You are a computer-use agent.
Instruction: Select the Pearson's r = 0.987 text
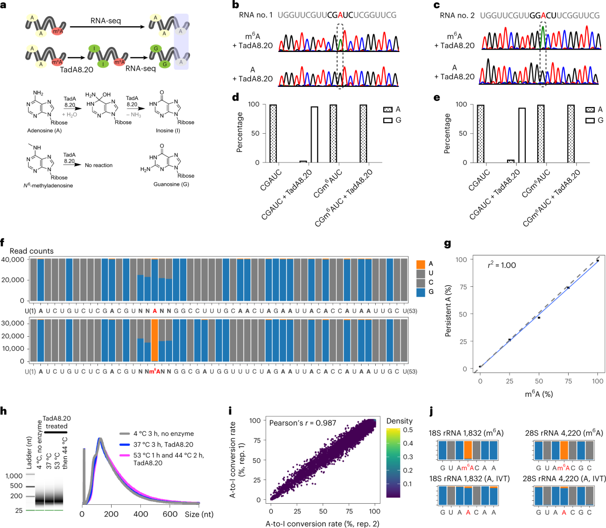point(302,423)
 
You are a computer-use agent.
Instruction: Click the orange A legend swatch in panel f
point(421,263)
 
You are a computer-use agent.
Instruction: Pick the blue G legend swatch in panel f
point(421,292)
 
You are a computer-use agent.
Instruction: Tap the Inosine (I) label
point(167,131)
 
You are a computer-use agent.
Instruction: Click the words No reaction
point(98,166)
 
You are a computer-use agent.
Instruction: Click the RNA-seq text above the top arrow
point(106,21)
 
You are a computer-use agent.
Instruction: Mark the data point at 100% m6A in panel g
point(597,260)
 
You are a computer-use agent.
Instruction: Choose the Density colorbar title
point(399,421)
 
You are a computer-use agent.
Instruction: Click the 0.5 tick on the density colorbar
point(408,430)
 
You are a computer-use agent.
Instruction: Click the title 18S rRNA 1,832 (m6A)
point(466,433)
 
